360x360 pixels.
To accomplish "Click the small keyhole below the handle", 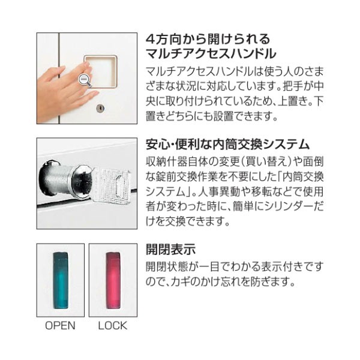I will (100, 109).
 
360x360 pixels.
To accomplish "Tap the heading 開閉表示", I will (172, 248).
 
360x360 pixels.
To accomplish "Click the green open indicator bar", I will (61, 279).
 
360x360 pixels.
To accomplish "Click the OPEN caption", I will (61, 326).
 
